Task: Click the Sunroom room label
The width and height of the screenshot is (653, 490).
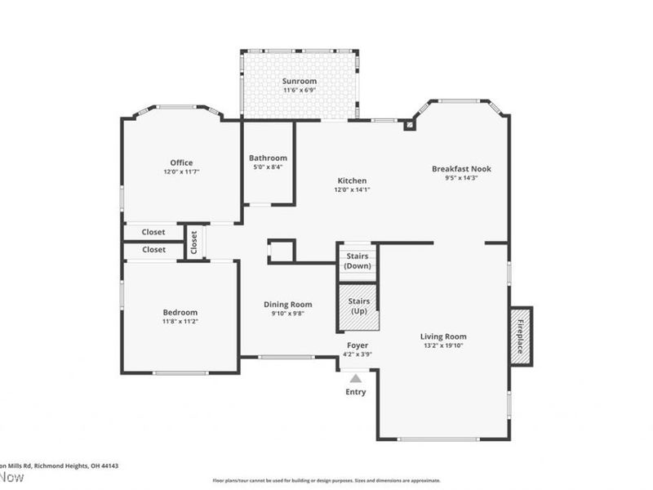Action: click(x=300, y=82)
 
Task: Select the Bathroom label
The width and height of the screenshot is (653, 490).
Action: click(x=269, y=158)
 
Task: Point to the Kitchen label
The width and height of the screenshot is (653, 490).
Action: click(x=353, y=180)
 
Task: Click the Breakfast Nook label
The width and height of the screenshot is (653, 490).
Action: click(x=461, y=169)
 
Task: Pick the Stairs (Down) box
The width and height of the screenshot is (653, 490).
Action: click(x=358, y=261)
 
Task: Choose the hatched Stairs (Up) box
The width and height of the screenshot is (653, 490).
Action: click(x=359, y=306)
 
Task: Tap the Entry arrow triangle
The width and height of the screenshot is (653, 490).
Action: click(x=355, y=377)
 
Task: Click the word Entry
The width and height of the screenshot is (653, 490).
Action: click(x=356, y=392)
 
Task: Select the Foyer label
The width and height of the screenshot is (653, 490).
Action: click(x=358, y=345)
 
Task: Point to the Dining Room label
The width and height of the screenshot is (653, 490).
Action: click(x=288, y=305)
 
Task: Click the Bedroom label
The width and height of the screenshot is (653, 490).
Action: click(x=180, y=312)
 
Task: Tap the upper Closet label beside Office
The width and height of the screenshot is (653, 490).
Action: click(x=153, y=232)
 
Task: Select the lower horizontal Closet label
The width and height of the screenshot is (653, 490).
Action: click(x=153, y=250)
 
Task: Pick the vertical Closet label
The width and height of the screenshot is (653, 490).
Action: click(x=194, y=242)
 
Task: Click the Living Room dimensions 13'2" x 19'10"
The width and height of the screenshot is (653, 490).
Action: click(x=443, y=345)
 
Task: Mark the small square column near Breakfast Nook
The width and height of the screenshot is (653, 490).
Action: click(x=409, y=126)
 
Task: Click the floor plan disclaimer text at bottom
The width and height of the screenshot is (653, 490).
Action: click(x=326, y=480)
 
